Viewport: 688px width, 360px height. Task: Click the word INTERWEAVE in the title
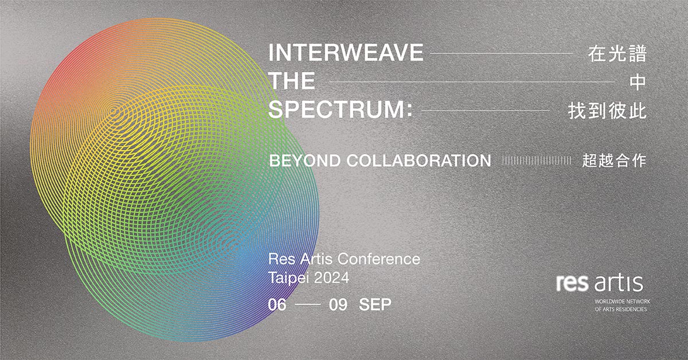346,53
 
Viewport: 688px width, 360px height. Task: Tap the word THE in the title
292,81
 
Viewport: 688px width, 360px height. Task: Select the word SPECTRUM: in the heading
341,109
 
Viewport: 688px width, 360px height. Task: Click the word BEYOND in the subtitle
304,161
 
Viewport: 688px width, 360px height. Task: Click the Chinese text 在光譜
617,53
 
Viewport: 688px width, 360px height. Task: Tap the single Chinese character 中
638,82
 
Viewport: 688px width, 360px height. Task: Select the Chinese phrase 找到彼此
607,111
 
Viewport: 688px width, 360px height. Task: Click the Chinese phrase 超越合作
614,161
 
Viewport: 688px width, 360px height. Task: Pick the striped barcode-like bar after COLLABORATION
536,161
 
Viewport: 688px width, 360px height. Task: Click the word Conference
379,259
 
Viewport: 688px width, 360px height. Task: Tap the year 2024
332,278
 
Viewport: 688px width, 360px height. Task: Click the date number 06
277,305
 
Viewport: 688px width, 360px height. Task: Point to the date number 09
338,305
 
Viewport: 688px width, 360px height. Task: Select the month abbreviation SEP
375,305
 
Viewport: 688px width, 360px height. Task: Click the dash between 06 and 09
307,305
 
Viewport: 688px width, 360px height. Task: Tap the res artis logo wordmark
600,284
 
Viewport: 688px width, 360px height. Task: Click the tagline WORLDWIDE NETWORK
623,302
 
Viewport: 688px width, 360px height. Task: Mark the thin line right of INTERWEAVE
501,53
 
